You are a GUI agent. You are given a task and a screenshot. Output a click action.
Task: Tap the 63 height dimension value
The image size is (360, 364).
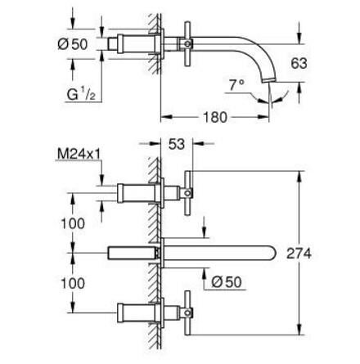(299, 62)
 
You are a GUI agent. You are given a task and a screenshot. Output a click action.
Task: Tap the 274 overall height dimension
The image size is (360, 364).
(298, 254)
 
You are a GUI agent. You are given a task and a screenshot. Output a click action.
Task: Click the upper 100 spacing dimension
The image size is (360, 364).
(72, 222)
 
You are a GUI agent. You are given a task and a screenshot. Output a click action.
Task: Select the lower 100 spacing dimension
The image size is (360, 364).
(72, 282)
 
